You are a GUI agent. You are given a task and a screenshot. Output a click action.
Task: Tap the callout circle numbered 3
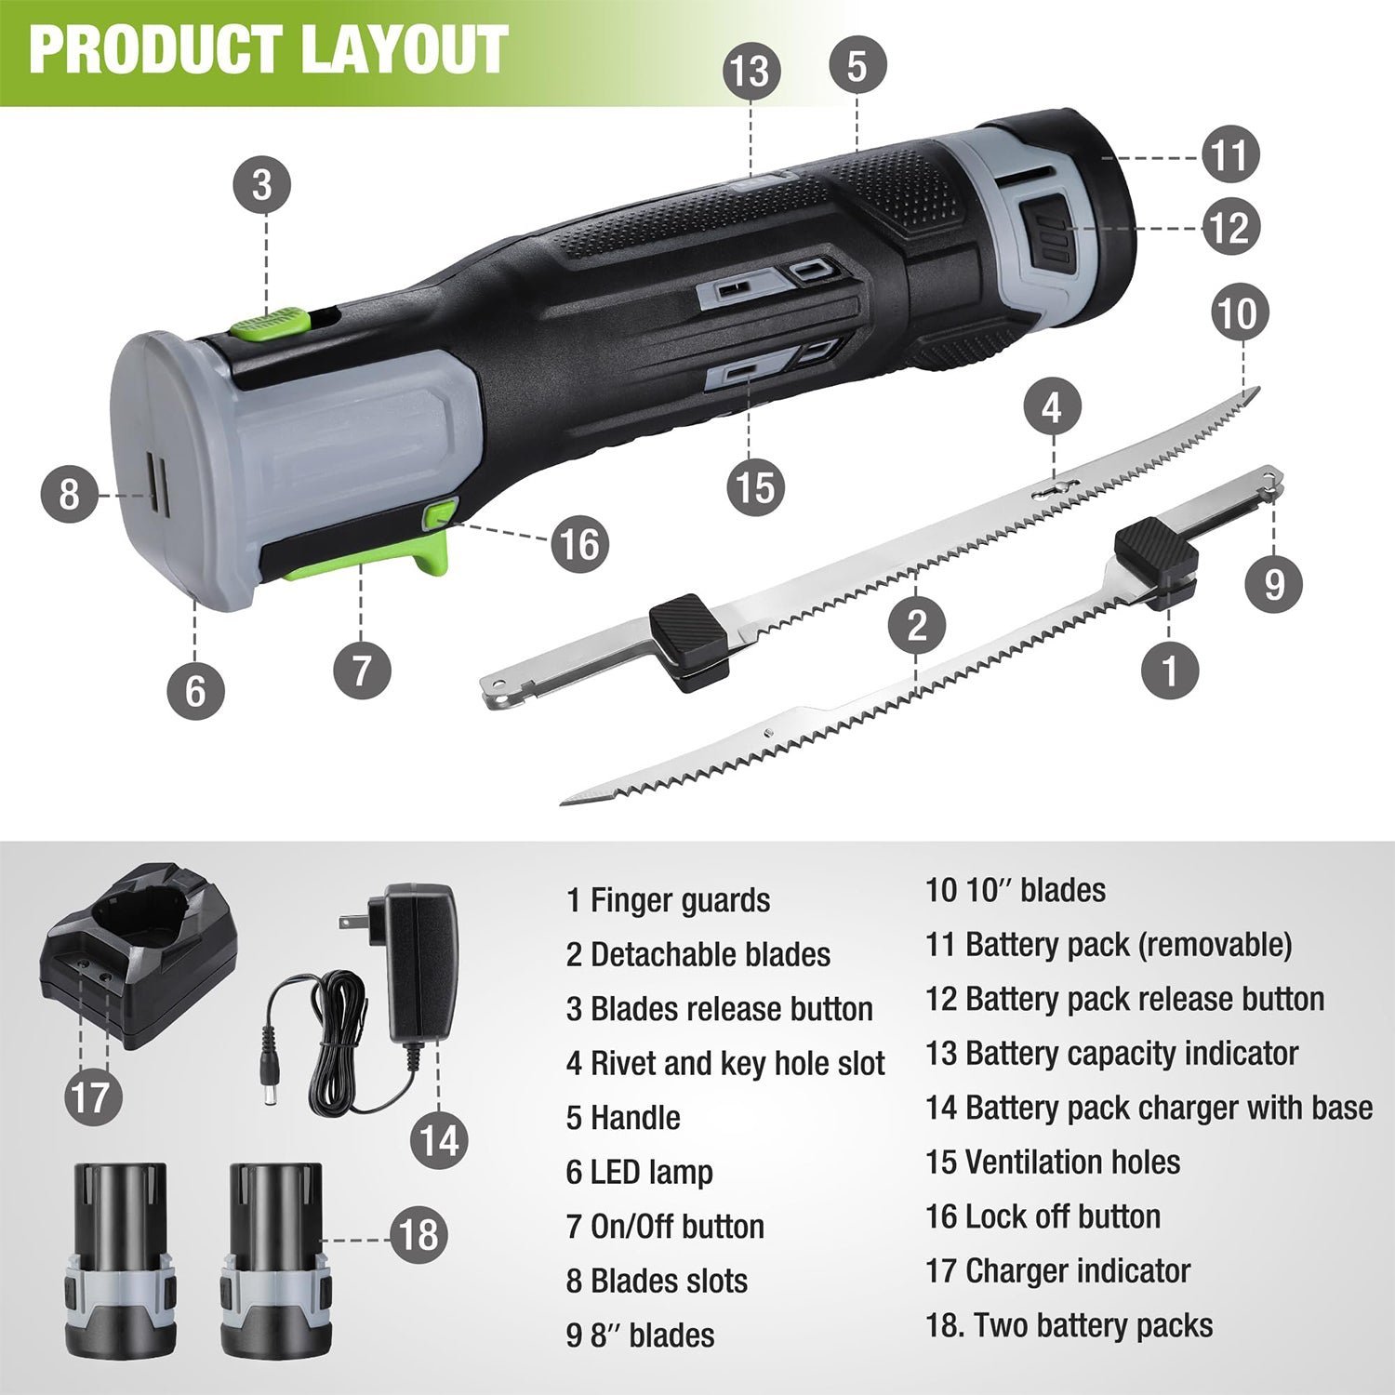pos(262,184)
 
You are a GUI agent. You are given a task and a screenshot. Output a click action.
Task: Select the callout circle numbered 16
pos(579,544)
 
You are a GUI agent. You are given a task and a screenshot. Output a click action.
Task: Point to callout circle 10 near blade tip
pos(1238,313)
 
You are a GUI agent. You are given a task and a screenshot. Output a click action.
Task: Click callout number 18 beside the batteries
pos(418,1236)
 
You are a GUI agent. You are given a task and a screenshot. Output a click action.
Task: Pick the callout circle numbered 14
pos(441,1140)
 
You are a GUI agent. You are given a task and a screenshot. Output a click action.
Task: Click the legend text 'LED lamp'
pos(651,1172)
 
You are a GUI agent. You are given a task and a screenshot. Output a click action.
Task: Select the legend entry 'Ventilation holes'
pos(1072,1162)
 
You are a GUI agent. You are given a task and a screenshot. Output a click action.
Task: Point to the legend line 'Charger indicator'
pos(1078,1271)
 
